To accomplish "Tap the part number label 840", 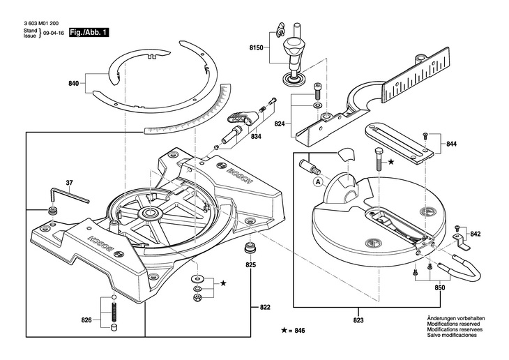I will point(74,84).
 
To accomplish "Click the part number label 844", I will point(451,144).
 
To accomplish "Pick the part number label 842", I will point(475,234).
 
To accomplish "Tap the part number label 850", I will point(439,287).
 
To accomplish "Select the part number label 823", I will point(359,321).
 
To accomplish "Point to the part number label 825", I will point(250,265).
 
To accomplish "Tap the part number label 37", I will point(69,183).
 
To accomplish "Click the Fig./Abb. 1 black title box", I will point(89,32).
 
